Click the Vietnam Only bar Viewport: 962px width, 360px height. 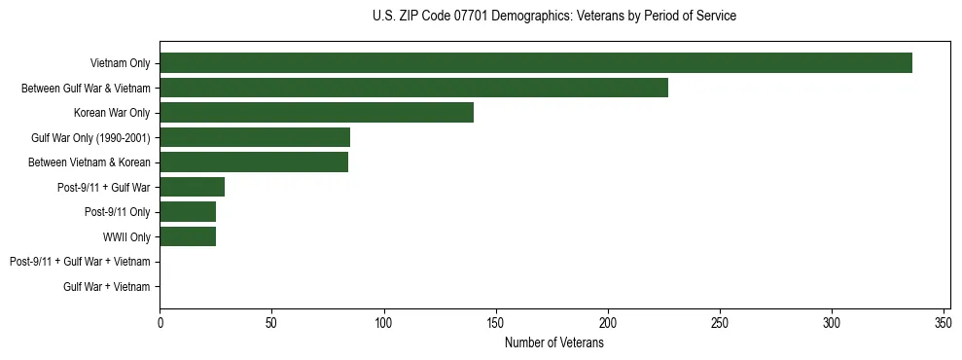535,63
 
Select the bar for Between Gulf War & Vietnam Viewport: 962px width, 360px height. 413,88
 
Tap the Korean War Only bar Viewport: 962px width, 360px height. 316,113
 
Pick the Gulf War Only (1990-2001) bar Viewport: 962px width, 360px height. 255,137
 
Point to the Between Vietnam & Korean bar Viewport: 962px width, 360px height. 254,162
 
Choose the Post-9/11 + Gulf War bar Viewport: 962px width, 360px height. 192,187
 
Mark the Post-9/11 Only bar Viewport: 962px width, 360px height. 188,212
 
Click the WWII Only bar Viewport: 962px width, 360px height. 188,236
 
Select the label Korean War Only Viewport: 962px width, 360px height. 112,113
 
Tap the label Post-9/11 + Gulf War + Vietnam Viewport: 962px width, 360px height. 80,262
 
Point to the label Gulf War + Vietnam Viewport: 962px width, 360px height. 107,286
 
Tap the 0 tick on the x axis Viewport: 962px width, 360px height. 160,323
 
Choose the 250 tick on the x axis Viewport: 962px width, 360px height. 720,323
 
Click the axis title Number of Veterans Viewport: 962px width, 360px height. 554,342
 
